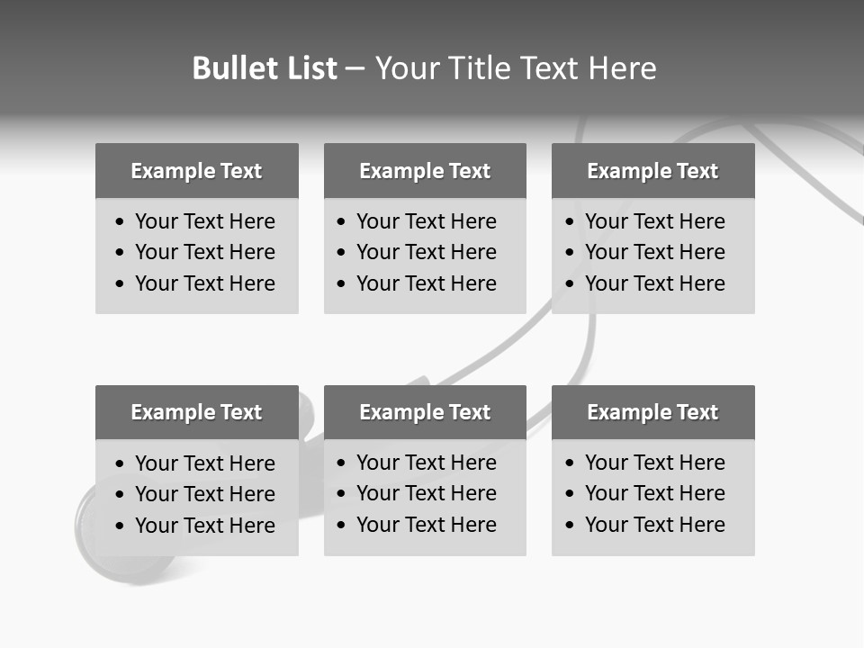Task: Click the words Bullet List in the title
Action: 265,68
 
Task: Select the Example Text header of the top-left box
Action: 196,171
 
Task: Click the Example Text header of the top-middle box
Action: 425,171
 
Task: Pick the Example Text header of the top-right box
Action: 652,171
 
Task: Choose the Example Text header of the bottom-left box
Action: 196,412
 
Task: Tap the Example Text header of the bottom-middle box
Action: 425,412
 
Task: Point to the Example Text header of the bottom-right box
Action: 652,412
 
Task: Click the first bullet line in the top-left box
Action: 204,221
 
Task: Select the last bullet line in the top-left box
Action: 204,283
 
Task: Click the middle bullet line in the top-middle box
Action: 426,252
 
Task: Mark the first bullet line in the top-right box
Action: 654,221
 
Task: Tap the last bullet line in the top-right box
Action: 654,283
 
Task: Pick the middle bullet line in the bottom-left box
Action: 204,494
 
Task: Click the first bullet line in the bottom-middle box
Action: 426,463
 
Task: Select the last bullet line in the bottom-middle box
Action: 426,525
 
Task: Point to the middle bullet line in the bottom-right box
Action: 654,493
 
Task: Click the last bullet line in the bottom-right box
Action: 654,525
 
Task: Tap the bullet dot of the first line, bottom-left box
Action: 121,464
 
